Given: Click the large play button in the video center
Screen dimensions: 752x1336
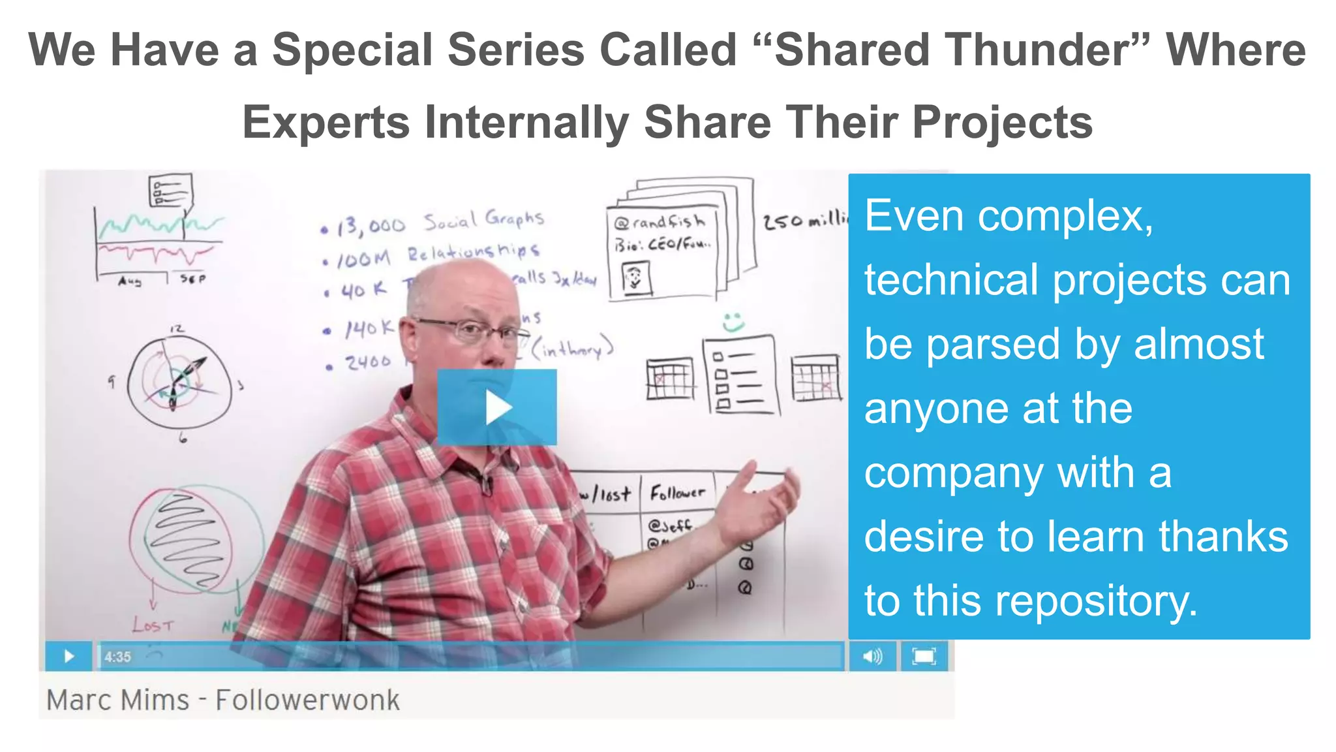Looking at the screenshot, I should [x=497, y=407].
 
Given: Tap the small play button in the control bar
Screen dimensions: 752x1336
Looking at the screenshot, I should [x=68, y=656].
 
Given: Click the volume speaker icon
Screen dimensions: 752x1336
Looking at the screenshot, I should [x=872, y=656].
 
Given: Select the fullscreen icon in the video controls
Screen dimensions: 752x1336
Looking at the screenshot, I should [x=924, y=656].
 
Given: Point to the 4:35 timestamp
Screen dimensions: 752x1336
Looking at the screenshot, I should [x=118, y=657].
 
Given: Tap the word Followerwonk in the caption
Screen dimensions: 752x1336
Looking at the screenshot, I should [x=307, y=700].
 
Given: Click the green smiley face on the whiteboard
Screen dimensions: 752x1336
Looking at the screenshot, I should [x=733, y=321].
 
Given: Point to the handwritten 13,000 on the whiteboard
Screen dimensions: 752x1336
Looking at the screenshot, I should [x=371, y=226].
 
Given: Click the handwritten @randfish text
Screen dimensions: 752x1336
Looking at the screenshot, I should [x=659, y=222].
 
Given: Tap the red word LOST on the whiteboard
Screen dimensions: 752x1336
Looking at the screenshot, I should [x=153, y=625].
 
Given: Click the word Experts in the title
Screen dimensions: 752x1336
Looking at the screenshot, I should [x=326, y=123].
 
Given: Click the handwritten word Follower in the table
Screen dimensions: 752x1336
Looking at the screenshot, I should [x=677, y=493].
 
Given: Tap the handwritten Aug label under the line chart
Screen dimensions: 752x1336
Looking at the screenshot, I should [x=129, y=281].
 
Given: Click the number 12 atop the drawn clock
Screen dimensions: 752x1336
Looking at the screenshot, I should [x=177, y=328].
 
